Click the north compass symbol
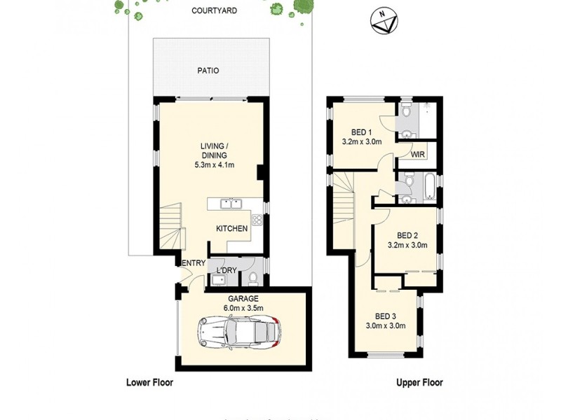point(381,22)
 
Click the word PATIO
point(208,71)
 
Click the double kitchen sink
point(230,204)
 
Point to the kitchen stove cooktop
point(257,220)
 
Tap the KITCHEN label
point(231,229)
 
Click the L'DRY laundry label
point(226,269)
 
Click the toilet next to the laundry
point(253,279)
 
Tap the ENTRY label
point(194,262)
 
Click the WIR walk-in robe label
point(418,154)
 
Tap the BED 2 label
point(407,235)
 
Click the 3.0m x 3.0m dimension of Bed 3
point(386,325)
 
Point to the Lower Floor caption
point(149,383)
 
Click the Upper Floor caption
point(419,383)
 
